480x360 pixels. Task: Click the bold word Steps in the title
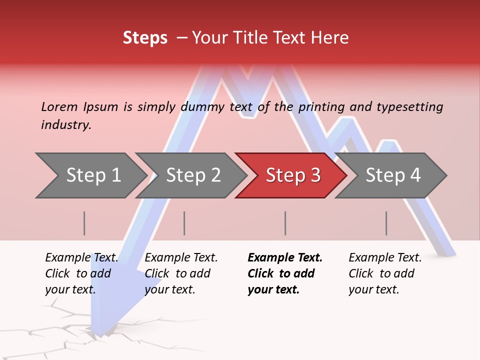pos(145,38)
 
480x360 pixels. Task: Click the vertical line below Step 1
pos(84,223)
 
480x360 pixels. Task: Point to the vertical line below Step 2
pos(184,223)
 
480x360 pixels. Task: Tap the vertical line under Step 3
pos(285,223)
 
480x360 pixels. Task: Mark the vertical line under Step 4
pos(386,223)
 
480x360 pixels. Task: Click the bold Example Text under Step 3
pos(285,258)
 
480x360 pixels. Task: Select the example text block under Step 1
pos(81,273)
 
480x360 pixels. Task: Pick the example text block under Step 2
pos(181,273)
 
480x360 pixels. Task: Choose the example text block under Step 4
pos(385,273)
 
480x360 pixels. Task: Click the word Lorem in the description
pos(59,107)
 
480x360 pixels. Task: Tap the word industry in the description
pos(65,125)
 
